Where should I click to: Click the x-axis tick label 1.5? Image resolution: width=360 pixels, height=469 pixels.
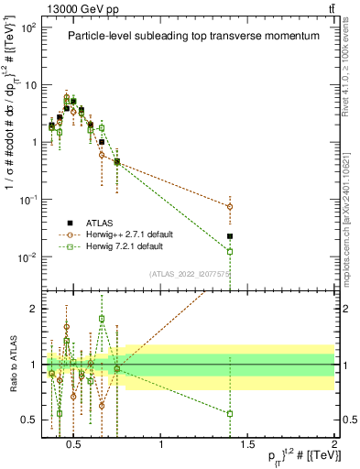tap(247, 446)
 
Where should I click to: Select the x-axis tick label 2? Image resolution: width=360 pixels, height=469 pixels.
tap(333, 446)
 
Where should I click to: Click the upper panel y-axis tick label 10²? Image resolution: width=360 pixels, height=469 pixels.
tap(29, 27)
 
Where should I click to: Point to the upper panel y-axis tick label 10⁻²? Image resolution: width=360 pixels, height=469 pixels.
tap(29, 256)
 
